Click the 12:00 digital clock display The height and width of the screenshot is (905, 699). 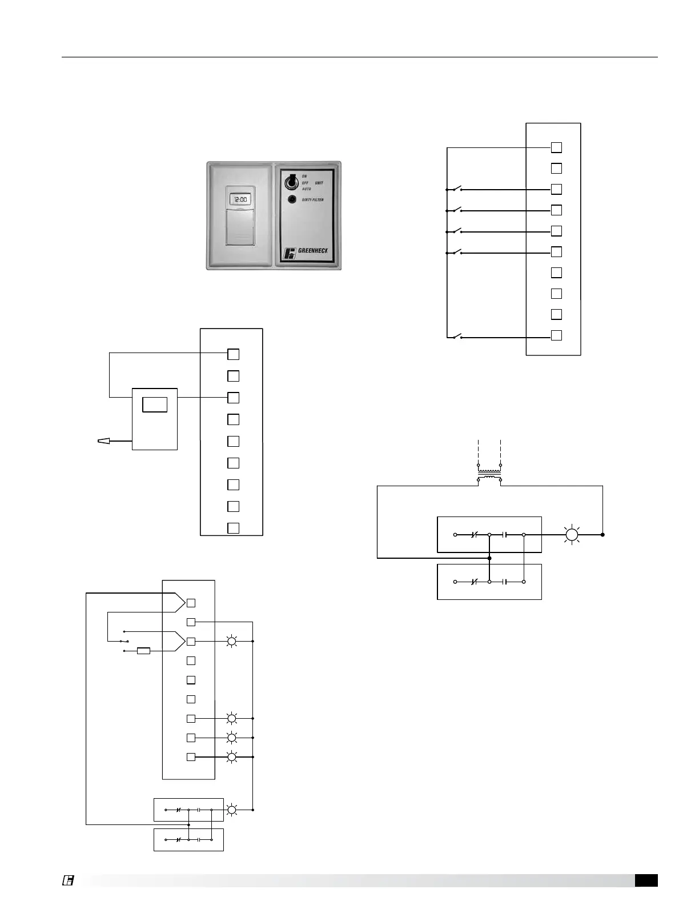(240, 200)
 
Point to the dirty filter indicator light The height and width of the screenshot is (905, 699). (291, 199)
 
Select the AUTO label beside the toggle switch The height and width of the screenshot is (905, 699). (306, 189)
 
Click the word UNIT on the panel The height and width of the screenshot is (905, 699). (319, 183)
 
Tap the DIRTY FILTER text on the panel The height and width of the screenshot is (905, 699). (313, 200)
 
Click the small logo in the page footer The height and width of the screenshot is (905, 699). (67, 880)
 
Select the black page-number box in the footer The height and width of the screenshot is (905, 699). (646, 880)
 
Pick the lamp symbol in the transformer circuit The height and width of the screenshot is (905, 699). (572, 535)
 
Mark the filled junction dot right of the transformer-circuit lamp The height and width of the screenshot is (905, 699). (602, 535)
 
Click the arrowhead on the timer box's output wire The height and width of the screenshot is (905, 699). (104, 441)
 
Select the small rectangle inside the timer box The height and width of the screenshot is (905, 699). (155, 404)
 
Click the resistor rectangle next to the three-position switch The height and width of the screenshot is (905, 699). (144, 650)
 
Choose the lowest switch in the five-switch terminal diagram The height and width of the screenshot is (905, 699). (456, 337)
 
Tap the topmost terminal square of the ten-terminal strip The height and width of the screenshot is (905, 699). (556, 147)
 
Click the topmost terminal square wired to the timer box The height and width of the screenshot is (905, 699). (233, 354)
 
